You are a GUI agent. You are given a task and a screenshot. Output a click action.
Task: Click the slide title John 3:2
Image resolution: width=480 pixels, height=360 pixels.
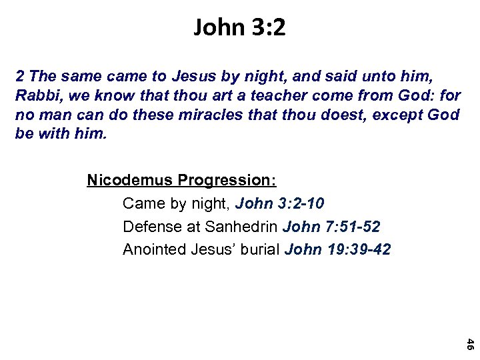pos(239,28)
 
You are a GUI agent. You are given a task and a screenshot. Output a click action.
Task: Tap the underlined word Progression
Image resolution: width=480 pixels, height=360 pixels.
pos(227,181)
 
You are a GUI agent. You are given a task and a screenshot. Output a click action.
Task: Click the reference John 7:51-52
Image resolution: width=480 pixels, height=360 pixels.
pos(331,227)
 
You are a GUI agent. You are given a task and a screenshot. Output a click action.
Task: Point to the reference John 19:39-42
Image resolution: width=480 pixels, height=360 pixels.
pos(338,250)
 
